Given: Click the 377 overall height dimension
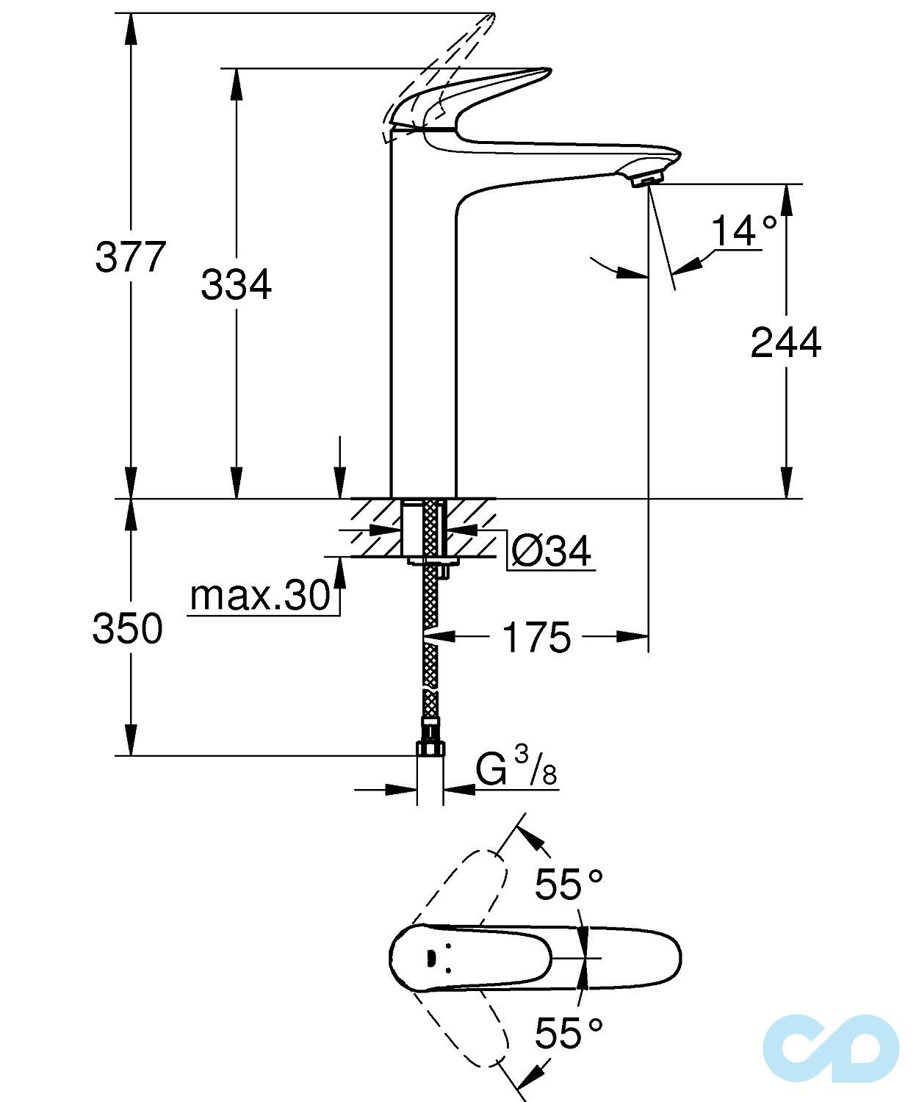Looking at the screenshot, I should pyautogui.click(x=131, y=257).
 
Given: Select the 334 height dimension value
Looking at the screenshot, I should pyautogui.click(x=236, y=284).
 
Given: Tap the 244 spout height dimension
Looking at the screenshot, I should pyautogui.click(x=785, y=342).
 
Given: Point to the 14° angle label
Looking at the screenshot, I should pyautogui.click(x=743, y=231).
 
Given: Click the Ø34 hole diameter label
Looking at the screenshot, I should pyautogui.click(x=551, y=551).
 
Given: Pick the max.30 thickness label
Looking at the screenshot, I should pyautogui.click(x=260, y=595).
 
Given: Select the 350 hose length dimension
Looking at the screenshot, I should pyautogui.click(x=128, y=629).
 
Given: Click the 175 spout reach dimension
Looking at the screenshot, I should pyautogui.click(x=536, y=637).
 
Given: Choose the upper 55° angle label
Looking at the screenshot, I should pyautogui.click(x=568, y=884).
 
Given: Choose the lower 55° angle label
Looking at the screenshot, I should pyautogui.click(x=568, y=1034).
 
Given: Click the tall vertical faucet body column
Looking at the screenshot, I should pyautogui.click(x=422, y=331).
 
